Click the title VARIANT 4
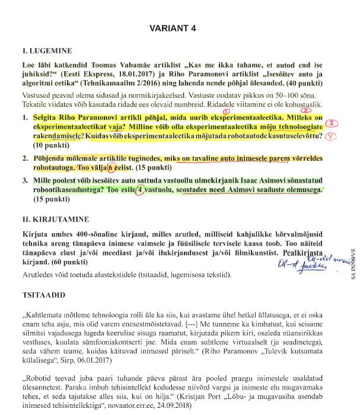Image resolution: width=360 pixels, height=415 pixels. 173,28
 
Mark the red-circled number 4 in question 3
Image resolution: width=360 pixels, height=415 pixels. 140,190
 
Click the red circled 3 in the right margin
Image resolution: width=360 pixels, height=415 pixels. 334,123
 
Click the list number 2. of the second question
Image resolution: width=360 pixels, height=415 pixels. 26,159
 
